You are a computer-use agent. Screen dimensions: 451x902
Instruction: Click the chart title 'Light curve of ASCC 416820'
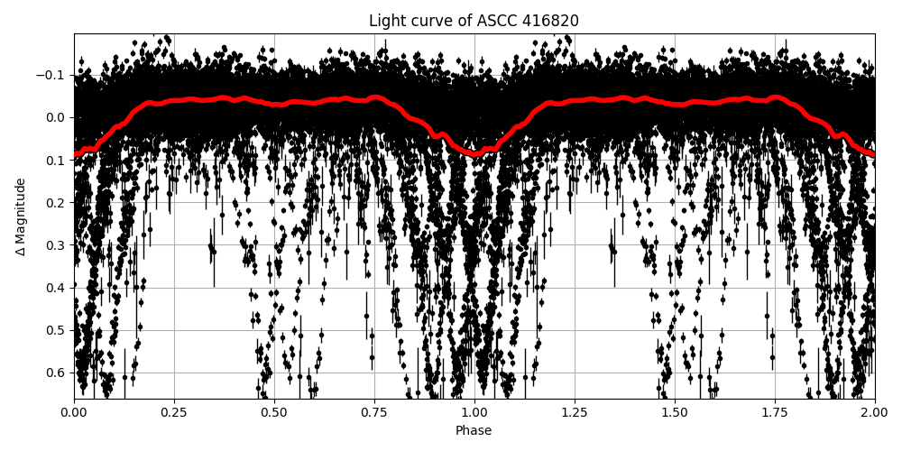pyautogui.click(x=474, y=21)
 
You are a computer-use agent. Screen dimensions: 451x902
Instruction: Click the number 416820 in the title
pyautogui.click(x=551, y=21)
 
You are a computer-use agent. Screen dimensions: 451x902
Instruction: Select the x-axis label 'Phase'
pyautogui.click(x=474, y=431)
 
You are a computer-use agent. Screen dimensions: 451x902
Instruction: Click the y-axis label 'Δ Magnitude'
pyautogui.click(x=21, y=216)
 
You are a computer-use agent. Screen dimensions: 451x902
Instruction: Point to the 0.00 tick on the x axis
pyautogui.click(x=74, y=412)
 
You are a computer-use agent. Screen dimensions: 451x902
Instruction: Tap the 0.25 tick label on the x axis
pyautogui.click(x=174, y=412)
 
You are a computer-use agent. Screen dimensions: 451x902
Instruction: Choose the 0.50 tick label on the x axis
pyautogui.click(x=274, y=412)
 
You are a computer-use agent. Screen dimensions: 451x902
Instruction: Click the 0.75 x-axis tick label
pyautogui.click(x=374, y=412)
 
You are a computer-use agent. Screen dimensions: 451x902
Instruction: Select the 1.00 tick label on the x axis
pyautogui.click(x=474, y=412)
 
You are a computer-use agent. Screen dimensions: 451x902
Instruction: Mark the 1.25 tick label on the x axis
pyautogui.click(x=575, y=412)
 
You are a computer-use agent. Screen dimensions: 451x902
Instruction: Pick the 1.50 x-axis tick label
pyautogui.click(x=675, y=412)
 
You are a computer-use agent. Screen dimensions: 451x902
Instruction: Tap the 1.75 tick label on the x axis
pyautogui.click(x=775, y=412)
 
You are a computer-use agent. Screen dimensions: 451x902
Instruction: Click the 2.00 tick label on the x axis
pyautogui.click(x=874, y=412)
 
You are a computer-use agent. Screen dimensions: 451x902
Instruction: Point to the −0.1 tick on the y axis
pyautogui.click(x=52, y=75)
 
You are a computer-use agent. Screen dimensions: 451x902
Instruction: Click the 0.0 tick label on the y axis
pyautogui.click(x=57, y=117)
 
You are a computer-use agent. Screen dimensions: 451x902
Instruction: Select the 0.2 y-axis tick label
pyautogui.click(x=57, y=202)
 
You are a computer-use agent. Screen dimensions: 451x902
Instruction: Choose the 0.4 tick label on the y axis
pyautogui.click(x=57, y=288)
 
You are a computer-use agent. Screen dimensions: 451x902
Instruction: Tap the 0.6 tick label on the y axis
pyautogui.click(x=57, y=373)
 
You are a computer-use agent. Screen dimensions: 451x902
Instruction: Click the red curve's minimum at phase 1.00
pyautogui.click(x=475, y=154)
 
